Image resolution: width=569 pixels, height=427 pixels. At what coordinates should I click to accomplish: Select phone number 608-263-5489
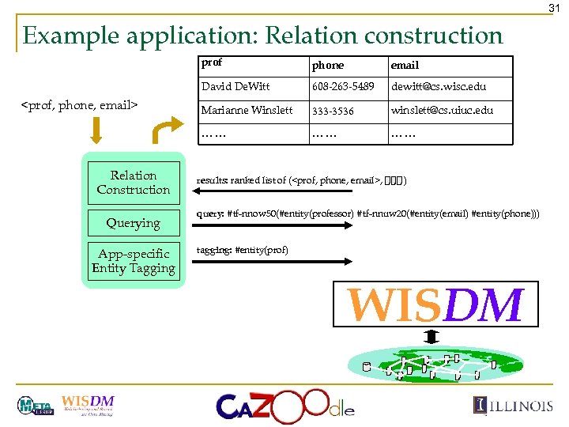342,86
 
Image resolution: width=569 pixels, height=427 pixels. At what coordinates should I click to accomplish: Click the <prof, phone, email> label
79,104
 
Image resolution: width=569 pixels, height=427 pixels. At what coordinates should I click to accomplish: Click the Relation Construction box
133,183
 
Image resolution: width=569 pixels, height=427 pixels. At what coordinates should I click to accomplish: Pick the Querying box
133,223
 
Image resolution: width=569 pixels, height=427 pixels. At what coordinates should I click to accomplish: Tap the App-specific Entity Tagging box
133,261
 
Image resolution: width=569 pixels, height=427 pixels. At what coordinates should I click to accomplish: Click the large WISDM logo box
435,304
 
